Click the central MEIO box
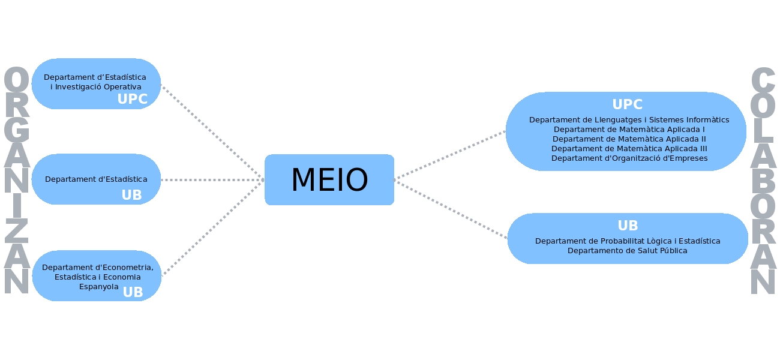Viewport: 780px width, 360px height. pyautogui.click(x=329, y=180)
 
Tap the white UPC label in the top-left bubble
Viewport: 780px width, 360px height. pyautogui.click(x=132, y=100)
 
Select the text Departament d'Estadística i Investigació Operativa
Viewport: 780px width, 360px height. pyautogui.click(x=95, y=82)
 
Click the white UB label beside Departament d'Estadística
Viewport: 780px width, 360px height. pyautogui.click(x=131, y=196)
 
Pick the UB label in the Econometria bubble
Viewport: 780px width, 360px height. pyautogui.click(x=133, y=292)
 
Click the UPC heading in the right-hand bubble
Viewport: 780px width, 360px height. pyautogui.click(x=627, y=105)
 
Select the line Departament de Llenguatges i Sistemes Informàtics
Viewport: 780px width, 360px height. pyautogui.click(x=629, y=120)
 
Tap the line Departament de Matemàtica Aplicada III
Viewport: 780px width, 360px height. pyautogui.click(x=629, y=149)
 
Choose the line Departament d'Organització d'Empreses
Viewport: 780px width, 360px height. pyautogui.click(x=629, y=158)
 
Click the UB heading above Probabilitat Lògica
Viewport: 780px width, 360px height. pyautogui.click(x=628, y=226)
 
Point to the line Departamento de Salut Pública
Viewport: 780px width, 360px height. pyautogui.click(x=628, y=251)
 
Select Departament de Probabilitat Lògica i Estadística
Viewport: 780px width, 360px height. pyautogui.click(x=628, y=241)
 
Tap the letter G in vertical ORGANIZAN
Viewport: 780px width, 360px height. pyautogui.click(x=17, y=133)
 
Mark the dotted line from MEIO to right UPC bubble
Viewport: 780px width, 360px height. pyautogui.click(x=450, y=155)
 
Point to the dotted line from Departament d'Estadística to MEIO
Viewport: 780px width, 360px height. pyautogui.click(x=213, y=180)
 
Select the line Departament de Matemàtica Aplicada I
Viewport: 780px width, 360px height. pyautogui.click(x=629, y=130)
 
